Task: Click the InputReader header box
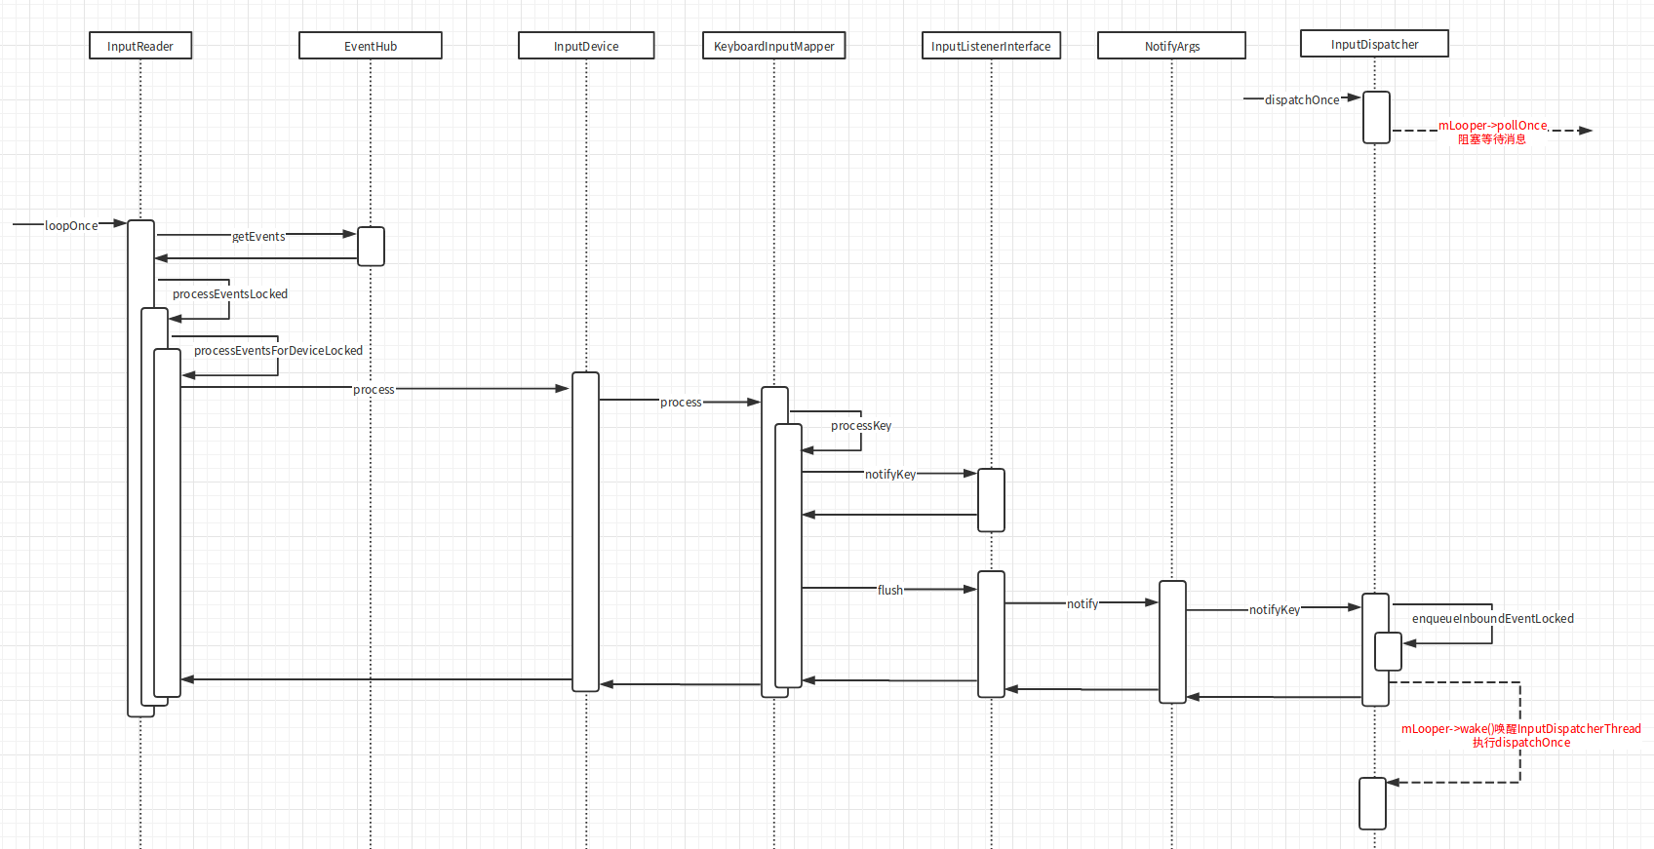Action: pyautogui.click(x=140, y=46)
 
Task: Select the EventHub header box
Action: pyautogui.click(x=371, y=46)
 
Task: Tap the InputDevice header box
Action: pyautogui.click(x=586, y=46)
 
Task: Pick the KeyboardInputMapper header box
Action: pyautogui.click(x=774, y=46)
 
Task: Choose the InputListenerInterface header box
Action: pyautogui.click(x=991, y=46)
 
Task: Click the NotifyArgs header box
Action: pyautogui.click(x=1172, y=46)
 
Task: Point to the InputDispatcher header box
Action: pyautogui.click(x=1374, y=44)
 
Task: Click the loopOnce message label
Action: pyautogui.click(x=71, y=225)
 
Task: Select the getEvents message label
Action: pyautogui.click(x=258, y=236)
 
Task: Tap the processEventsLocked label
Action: pyautogui.click(x=230, y=293)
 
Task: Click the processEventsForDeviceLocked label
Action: pyautogui.click(x=278, y=350)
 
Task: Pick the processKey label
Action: pyautogui.click(x=861, y=425)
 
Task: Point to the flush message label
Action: pyautogui.click(x=890, y=590)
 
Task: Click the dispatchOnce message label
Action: pyautogui.click(x=1302, y=99)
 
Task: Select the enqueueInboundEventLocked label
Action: pyautogui.click(x=1492, y=618)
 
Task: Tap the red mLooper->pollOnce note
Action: pyautogui.click(x=1493, y=132)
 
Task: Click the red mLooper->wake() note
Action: pyautogui.click(x=1520, y=735)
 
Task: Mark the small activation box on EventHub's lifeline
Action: pyautogui.click(x=371, y=246)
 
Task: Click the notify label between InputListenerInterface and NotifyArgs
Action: pyautogui.click(x=1083, y=603)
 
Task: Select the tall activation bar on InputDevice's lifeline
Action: pyautogui.click(x=586, y=531)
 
